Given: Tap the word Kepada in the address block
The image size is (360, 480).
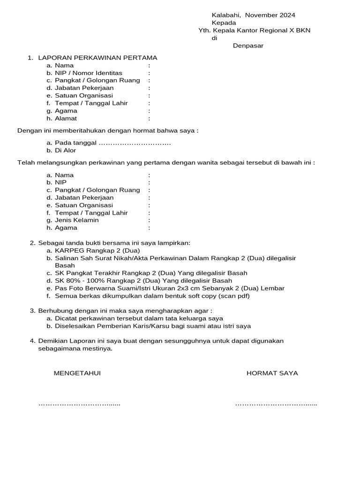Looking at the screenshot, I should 224,22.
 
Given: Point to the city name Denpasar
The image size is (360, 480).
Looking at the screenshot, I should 248,45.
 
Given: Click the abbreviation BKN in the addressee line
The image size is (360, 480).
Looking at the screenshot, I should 303,30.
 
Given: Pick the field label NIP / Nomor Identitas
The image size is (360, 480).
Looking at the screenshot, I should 89,73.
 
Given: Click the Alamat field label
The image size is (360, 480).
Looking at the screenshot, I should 66,119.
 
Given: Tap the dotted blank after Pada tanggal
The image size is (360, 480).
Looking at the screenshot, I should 135,143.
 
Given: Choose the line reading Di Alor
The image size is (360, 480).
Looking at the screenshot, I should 65,150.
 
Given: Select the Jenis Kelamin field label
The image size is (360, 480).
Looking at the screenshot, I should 77,220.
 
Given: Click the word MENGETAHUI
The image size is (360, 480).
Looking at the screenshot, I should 77,373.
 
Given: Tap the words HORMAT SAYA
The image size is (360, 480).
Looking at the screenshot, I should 272,373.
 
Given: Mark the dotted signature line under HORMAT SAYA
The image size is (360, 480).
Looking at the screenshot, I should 276,404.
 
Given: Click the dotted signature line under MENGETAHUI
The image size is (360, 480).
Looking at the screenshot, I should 79,404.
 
